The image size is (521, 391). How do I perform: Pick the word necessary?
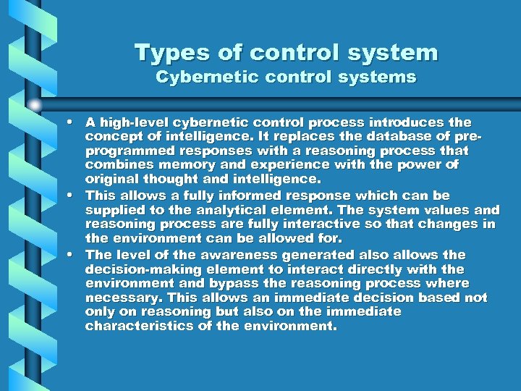[x=118, y=298]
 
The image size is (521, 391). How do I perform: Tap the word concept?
[x=110, y=137]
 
